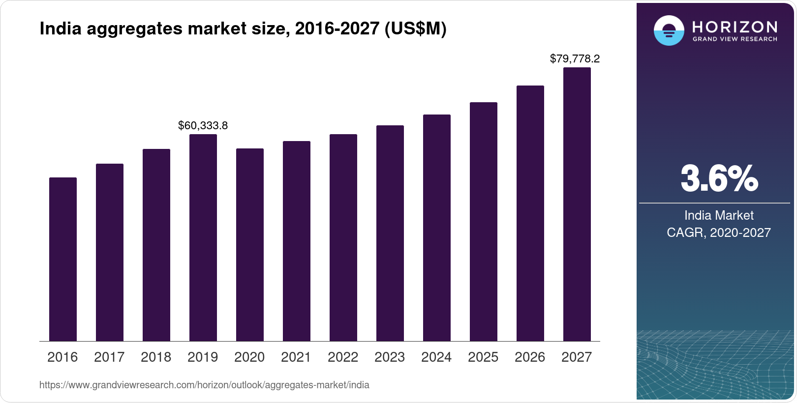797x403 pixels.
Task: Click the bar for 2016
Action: coord(63,259)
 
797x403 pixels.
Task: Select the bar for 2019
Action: coord(203,238)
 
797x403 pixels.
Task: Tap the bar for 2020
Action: coord(250,245)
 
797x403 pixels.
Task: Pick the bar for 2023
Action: coord(390,233)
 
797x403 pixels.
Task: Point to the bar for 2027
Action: coord(577,204)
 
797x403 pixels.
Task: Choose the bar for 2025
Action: coord(484,222)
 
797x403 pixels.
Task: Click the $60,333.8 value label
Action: coord(203,126)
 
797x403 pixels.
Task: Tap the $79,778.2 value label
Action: coord(575,59)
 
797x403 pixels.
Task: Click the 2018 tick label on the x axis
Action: coord(156,357)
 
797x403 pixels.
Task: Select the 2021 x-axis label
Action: coord(296,357)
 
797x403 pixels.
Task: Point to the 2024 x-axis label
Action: coord(436,357)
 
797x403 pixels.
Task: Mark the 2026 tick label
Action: coord(530,357)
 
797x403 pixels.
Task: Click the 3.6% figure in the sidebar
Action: coord(719,179)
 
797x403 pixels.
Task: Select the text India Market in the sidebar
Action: coord(719,215)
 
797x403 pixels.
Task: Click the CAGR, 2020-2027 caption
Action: coord(719,232)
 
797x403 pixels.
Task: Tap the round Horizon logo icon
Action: coord(669,30)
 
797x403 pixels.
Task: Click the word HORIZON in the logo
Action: coord(735,27)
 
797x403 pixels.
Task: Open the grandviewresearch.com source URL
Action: coord(204,385)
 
